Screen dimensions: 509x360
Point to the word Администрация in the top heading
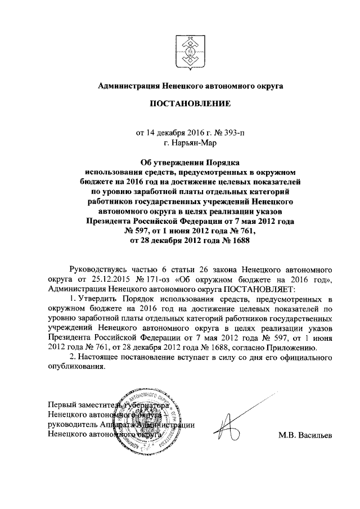pyautogui.click(x=128, y=85)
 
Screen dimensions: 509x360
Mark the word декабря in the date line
pyautogui.click(x=171, y=133)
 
